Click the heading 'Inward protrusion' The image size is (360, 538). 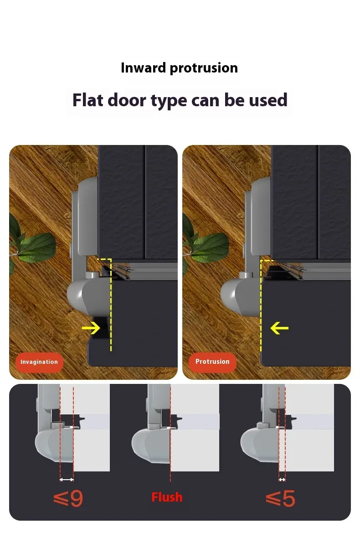[x=179, y=68]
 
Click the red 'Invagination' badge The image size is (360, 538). [x=39, y=362]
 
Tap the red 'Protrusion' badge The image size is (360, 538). [x=212, y=362]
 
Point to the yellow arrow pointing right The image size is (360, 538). [x=91, y=327]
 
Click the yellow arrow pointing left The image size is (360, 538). [x=279, y=327]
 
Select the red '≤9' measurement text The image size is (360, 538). [x=68, y=499]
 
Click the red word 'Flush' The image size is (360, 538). [x=167, y=497]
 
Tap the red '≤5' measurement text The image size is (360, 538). [x=281, y=499]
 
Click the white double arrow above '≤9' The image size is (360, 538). [x=67, y=479]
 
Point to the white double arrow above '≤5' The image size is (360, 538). [x=282, y=479]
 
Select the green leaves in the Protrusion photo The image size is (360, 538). [x=207, y=246]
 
